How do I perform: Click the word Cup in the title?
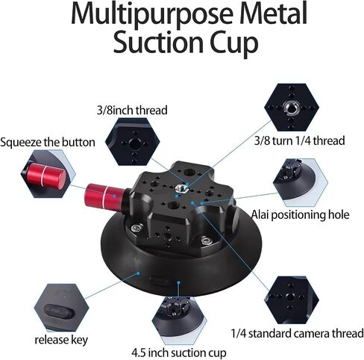pyautogui.click(x=233, y=43)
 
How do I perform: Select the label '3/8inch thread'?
pyautogui.click(x=132, y=111)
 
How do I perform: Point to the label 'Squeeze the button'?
pyautogui.click(x=48, y=143)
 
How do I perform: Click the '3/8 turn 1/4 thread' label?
pyautogui.click(x=300, y=140)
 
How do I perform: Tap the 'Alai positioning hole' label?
pyautogui.click(x=301, y=214)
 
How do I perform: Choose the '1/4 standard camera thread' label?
pyautogui.click(x=297, y=333)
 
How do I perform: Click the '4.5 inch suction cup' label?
pyautogui.click(x=179, y=353)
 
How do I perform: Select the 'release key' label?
pyautogui.click(x=61, y=340)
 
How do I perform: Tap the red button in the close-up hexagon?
pyautogui.click(x=46, y=174)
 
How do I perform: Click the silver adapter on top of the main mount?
pyautogui.click(x=181, y=188)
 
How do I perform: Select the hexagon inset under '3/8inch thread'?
pyautogui.click(x=132, y=142)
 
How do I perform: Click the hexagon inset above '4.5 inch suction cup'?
pyautogui.click(x=179, y=320)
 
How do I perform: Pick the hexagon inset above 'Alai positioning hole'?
pyautogui.click(x=300, y=183)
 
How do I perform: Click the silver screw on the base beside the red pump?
pyautogui.click(x=136, y=228)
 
